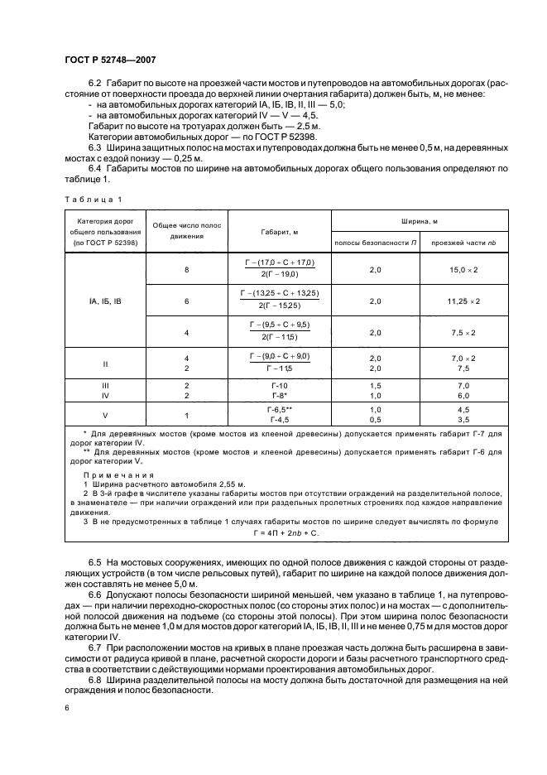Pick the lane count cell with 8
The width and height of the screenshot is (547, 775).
(x=186, y=270)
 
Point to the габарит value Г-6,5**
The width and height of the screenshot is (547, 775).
(x=281, y=410)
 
